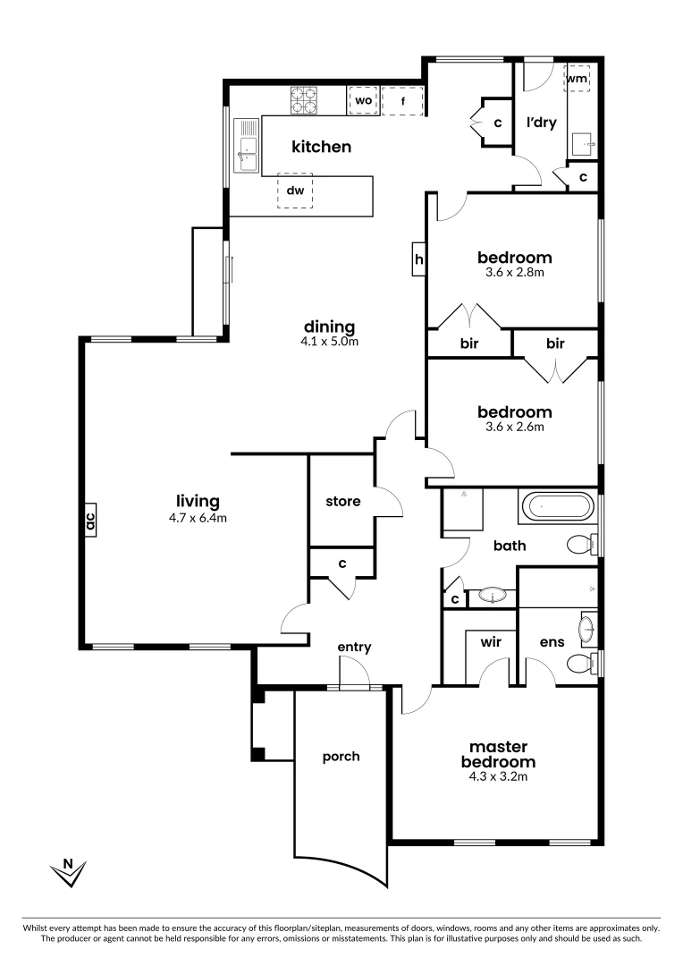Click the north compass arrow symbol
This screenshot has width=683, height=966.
(67, 872)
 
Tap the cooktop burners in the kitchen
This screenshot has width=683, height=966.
(304, 100)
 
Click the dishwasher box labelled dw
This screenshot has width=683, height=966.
(296, 190)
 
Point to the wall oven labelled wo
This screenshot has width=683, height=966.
(363, 101)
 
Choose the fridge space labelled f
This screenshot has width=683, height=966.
(403, 101)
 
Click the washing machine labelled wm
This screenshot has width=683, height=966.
(577, 80)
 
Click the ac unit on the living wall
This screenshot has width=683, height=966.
(89, 521)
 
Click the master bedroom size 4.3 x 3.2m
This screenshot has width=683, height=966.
(498, 776)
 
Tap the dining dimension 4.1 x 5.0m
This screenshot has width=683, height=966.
(330, 341)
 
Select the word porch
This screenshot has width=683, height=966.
(341, 757)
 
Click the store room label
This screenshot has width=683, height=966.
(342, 501)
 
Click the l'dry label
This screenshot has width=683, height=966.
(541, 123)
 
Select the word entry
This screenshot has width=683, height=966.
(354, 647)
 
